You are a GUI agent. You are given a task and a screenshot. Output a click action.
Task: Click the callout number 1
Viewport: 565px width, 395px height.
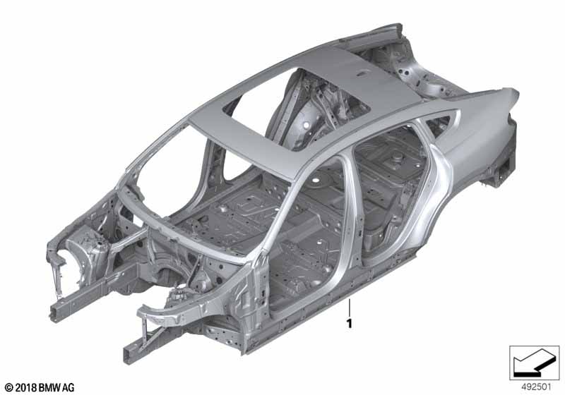[349, 324]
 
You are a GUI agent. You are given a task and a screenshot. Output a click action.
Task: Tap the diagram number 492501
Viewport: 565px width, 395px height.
[536, 387]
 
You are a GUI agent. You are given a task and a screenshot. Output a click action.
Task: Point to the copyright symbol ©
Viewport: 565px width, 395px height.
[8, 388]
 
